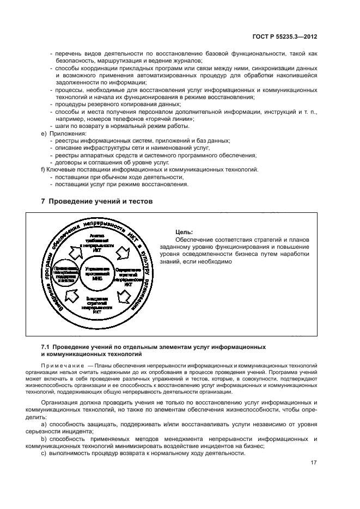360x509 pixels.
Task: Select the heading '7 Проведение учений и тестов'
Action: [97, 201]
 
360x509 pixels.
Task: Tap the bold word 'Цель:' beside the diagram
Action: [185, 231]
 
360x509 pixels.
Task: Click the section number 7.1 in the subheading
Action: [46, 346]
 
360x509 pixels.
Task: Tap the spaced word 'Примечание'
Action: [59, 365]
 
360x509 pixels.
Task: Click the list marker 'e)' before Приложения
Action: [44, 133]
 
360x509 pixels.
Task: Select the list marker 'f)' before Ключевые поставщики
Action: [44, 169]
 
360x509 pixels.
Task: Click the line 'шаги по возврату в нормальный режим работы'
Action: [119, 126]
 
